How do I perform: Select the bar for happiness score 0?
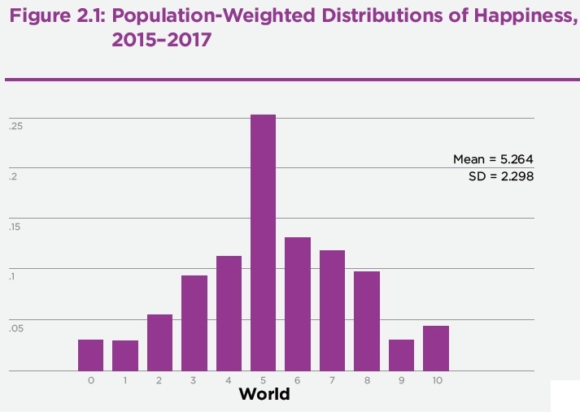91,355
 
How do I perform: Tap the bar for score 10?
436,348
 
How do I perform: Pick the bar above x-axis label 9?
401,355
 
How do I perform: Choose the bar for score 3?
194,323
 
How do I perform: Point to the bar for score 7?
332,310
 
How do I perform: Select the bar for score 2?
159,342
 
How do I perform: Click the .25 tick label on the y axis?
16,127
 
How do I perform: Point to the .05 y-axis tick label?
16,329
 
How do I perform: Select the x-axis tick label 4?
229,380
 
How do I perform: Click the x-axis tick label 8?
367,380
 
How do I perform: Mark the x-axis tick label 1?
125,380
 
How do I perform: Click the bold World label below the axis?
264,396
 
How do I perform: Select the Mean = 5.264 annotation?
493,159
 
